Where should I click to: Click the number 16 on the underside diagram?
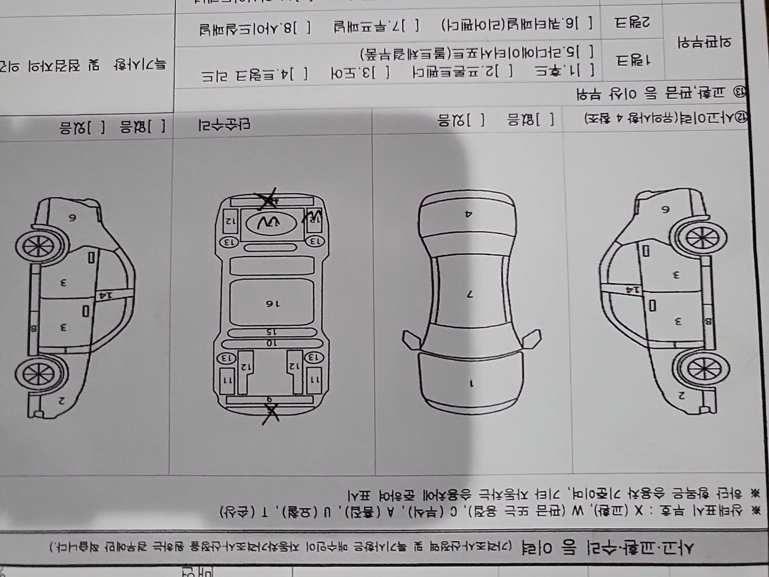[272, 304]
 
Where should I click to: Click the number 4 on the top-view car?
[468, 214]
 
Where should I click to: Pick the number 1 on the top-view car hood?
[471, 384]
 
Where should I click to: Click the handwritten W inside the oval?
[271, 224]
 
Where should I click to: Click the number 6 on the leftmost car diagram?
[72, 218]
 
